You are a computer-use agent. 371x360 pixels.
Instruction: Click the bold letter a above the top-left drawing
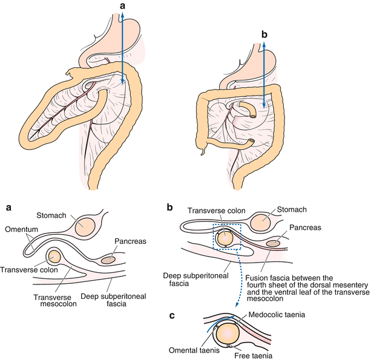pyautogui.click(x=123, y=6)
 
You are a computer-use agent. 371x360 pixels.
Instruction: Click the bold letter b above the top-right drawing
pyautogui.click(x=264, y=35)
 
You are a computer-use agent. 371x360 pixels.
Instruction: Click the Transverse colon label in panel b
pyautogui.click(x=215, y=211)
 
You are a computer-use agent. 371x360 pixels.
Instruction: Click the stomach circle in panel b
pyautogui.click(x=261, y=222)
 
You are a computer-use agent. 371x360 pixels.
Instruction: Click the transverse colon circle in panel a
pyautogui.click(x=54, y=257)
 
